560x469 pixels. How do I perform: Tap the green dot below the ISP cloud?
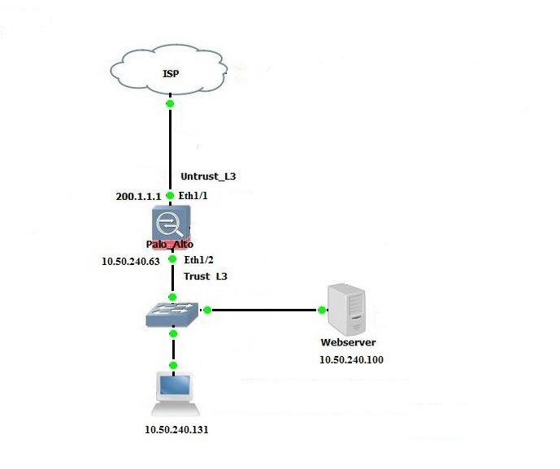point(170,104)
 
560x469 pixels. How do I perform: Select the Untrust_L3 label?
point(207,176)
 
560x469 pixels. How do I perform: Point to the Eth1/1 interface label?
point(194,196)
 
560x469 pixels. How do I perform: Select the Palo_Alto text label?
point(171,244)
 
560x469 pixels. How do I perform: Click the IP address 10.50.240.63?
point(130,262)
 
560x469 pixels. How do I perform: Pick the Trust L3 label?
point(206,276)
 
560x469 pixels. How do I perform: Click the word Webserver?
point(349,343)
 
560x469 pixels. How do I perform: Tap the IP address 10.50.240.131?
point(176,430)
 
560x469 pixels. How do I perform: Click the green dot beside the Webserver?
point(322,310)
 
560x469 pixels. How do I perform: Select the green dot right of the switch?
point(207,310)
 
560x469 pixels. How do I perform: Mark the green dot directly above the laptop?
point(173,366)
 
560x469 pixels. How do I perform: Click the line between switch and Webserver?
point(264,310)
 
